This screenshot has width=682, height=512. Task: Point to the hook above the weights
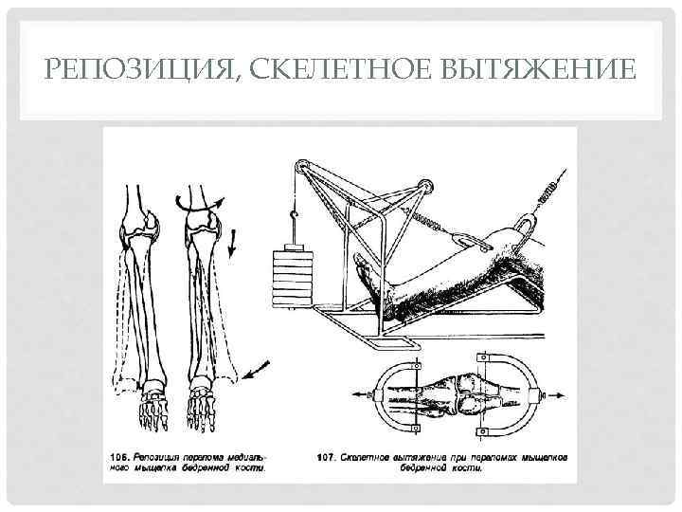(295, 226)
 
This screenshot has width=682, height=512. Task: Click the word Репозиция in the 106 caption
(165, 456)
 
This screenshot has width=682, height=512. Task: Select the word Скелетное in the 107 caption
(367, 456)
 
